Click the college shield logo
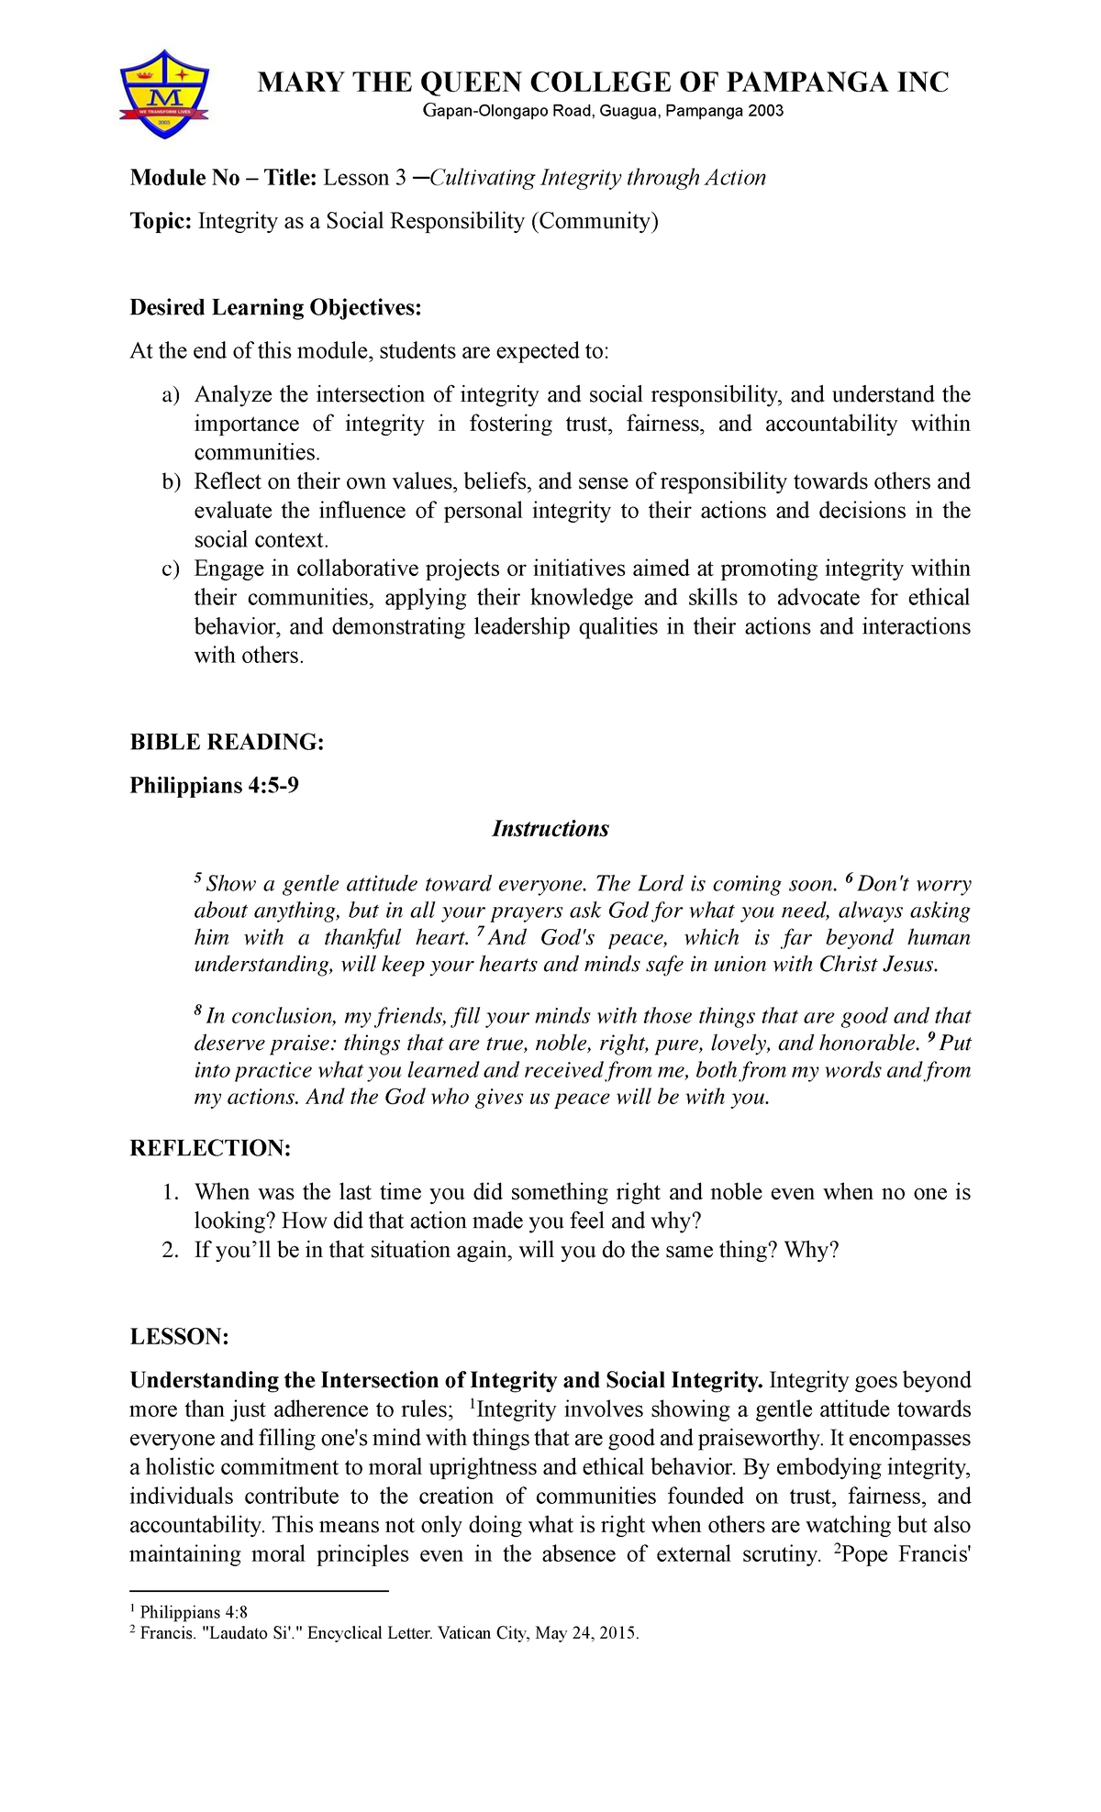tap(165, 95)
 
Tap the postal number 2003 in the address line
tap(765, 111)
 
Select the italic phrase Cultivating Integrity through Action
tap(597, 178)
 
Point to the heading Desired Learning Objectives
tap(275, 307)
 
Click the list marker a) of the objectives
tap(171, 395)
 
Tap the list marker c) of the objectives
tap(171, 569)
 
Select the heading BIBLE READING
tap(227, 742)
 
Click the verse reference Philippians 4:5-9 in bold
tap(214, 786)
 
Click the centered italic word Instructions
tap(550, 829)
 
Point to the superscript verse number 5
tap(197, 878)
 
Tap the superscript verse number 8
tap(197, 1011)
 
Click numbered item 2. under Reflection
tap(170, 1250)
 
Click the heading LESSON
tap(179, 1337)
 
